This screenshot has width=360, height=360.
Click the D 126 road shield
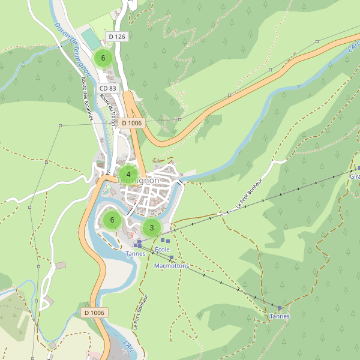pos(117,37)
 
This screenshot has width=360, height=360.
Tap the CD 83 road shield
pos(109,88)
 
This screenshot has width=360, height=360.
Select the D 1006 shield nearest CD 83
pos(131,123)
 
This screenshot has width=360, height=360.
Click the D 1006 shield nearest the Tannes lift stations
pos(94,313)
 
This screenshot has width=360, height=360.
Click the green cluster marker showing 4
pos(128,175)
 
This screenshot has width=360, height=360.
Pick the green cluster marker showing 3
pos(152,227)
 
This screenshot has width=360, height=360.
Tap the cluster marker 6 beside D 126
pos(103,58)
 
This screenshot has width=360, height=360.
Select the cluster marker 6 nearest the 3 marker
pos(112,220)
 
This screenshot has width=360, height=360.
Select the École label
pos(163,249)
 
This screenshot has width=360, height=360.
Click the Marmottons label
pos(172,265)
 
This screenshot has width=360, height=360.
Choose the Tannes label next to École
pos(136,253)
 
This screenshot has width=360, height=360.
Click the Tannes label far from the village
pos(280,316)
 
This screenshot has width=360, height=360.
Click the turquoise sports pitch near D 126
pos(91,40)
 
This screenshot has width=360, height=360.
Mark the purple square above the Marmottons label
pos(171,258)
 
